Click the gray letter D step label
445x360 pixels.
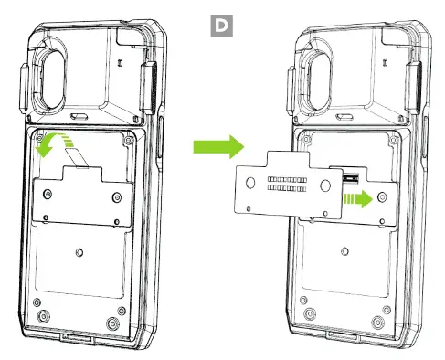coord(221,26)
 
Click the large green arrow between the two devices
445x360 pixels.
coord(218,147)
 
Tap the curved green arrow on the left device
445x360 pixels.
coord(52,143)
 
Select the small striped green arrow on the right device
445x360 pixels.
coord(358,199)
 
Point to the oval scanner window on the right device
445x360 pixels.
coord(320,80)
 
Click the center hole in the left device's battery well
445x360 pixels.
coord(79,252)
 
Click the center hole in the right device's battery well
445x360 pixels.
coord(344,251)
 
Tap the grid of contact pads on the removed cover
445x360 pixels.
coord(287,184)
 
